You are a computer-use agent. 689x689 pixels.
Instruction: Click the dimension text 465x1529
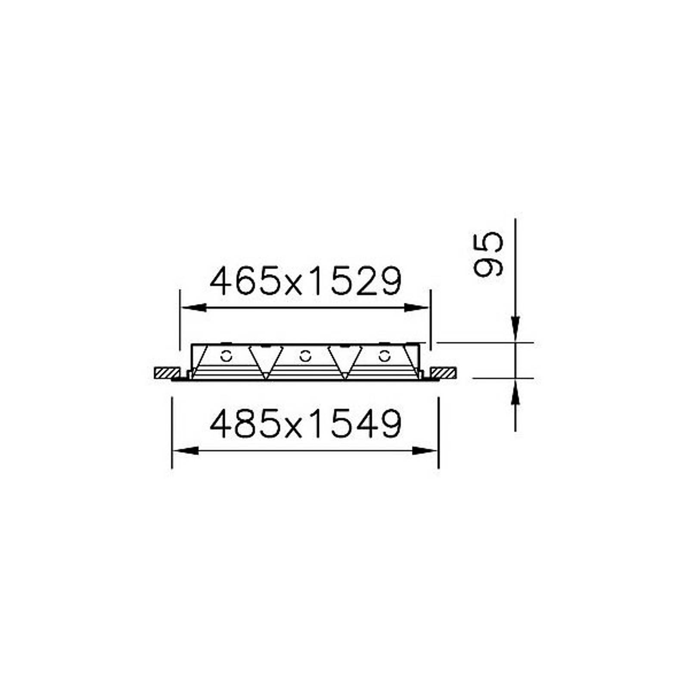click(306, 281)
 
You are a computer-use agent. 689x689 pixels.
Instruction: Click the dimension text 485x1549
click(306, 424)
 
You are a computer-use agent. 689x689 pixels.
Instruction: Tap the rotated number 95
click(488, 254)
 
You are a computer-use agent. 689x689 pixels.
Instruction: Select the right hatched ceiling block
click(444, 373)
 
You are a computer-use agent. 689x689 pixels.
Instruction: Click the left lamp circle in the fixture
click(226, 356)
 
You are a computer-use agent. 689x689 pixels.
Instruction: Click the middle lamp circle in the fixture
click(305, 356)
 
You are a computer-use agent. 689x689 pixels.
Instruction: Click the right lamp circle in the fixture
click(384, 356)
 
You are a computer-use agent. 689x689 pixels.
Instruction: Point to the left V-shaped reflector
click(266, 362)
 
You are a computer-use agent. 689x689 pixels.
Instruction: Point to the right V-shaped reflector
click(344, 362)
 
